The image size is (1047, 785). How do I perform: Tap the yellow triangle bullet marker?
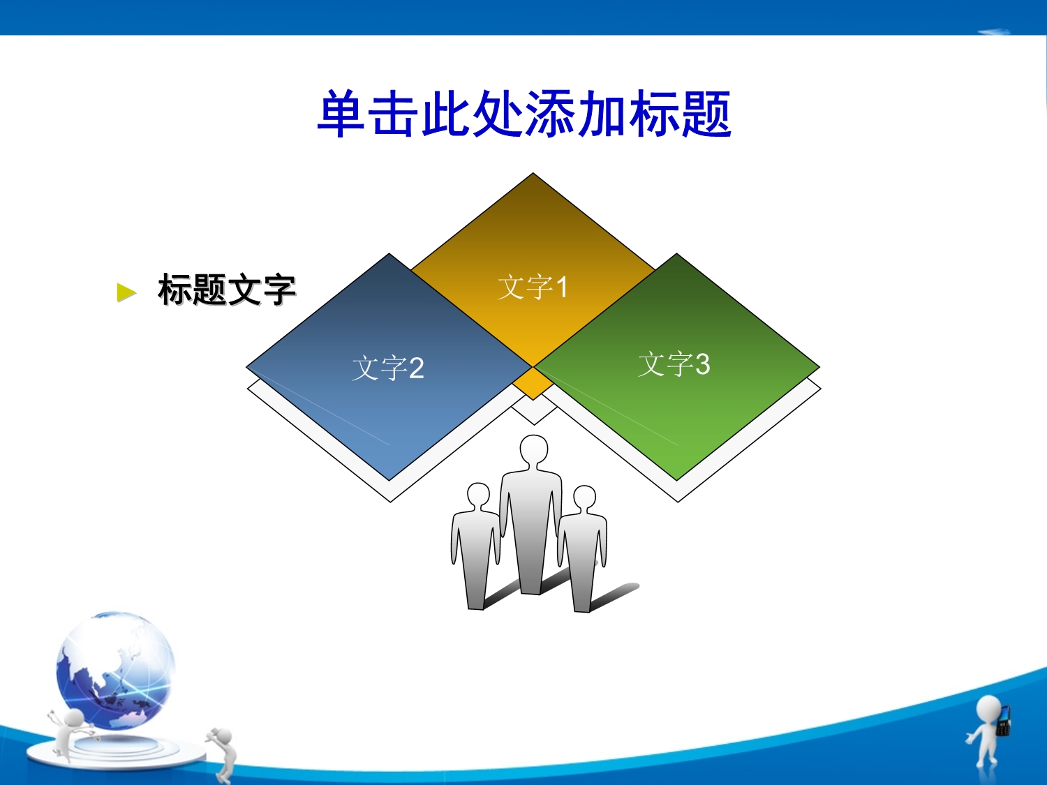coord(126,292)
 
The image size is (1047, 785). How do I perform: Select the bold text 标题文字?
coord(227,290)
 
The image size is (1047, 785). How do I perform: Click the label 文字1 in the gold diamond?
coord(533,287)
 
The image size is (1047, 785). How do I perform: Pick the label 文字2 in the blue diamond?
coord(388,368)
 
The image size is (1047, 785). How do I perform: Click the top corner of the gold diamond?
coord(533,173)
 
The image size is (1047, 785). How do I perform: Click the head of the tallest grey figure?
coord(534,450)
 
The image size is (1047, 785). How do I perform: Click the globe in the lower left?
coord(115,671)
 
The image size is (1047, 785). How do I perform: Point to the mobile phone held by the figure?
coord(1003,720)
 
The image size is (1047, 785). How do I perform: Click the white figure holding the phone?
coord(990,734)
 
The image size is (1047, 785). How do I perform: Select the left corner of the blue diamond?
coord(246,367)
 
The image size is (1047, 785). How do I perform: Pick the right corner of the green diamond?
coord(820,368)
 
